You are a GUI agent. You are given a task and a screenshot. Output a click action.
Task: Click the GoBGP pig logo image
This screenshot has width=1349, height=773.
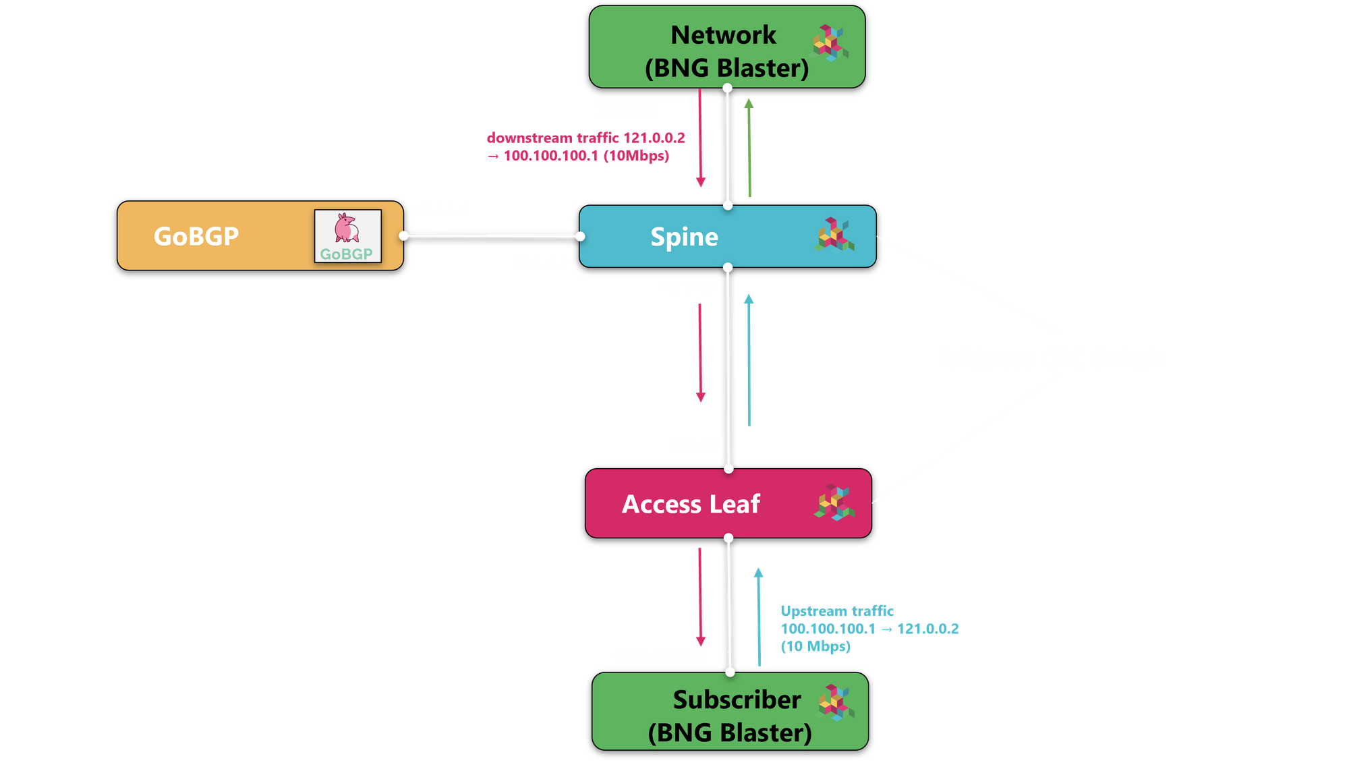(347, 235)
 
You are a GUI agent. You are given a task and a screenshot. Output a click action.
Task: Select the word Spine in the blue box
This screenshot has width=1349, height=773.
(684, 237)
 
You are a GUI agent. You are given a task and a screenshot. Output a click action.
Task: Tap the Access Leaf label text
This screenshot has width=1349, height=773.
(691, 504)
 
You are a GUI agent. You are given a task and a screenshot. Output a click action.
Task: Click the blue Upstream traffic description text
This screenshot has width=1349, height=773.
(868, 629)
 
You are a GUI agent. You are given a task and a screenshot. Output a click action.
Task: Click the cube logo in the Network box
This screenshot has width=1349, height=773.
(829, 43)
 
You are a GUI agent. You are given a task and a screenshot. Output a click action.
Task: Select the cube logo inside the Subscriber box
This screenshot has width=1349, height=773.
(836, 702)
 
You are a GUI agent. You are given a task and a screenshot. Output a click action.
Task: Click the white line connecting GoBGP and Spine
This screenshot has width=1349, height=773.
(492, 235)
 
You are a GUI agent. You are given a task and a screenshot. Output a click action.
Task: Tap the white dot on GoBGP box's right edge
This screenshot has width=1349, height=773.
(403, 235)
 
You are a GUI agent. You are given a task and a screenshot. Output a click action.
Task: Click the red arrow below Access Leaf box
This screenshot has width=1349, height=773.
(700, 597)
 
